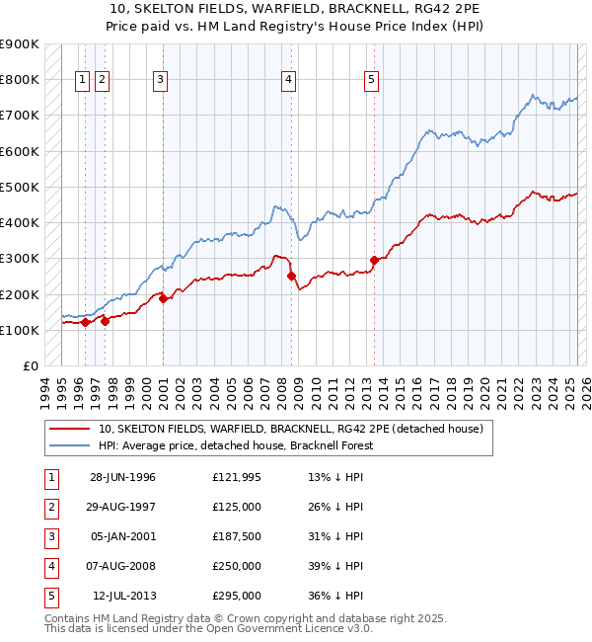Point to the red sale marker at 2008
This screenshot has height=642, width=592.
(x=291, y=277)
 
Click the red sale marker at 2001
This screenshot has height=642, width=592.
(x=163, y=298)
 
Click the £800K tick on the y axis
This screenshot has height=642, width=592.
(x=20, y=79)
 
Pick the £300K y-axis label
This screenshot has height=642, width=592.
(x=20, y=259)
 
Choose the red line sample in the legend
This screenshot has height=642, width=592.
(x=69, y=429)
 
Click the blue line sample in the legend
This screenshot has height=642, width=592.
(x=69, y=445)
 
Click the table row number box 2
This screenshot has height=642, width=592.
(x=49, y=507)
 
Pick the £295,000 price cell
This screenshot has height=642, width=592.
(x=236, y=596)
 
